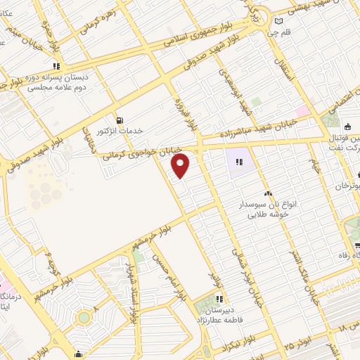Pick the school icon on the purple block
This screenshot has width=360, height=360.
click(x=239, y=162)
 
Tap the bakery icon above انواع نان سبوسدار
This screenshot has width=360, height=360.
click(x=266, y=192)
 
